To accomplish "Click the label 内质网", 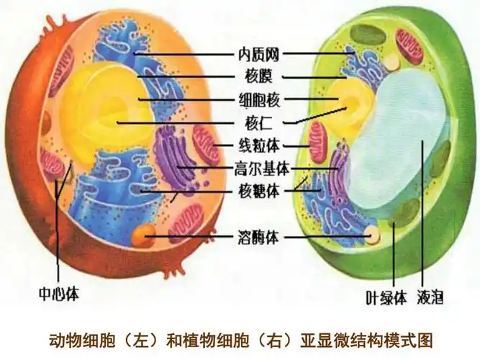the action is tap(258, 53).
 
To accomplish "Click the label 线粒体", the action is tap(258, 147).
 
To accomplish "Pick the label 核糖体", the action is tap(258, 192).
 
